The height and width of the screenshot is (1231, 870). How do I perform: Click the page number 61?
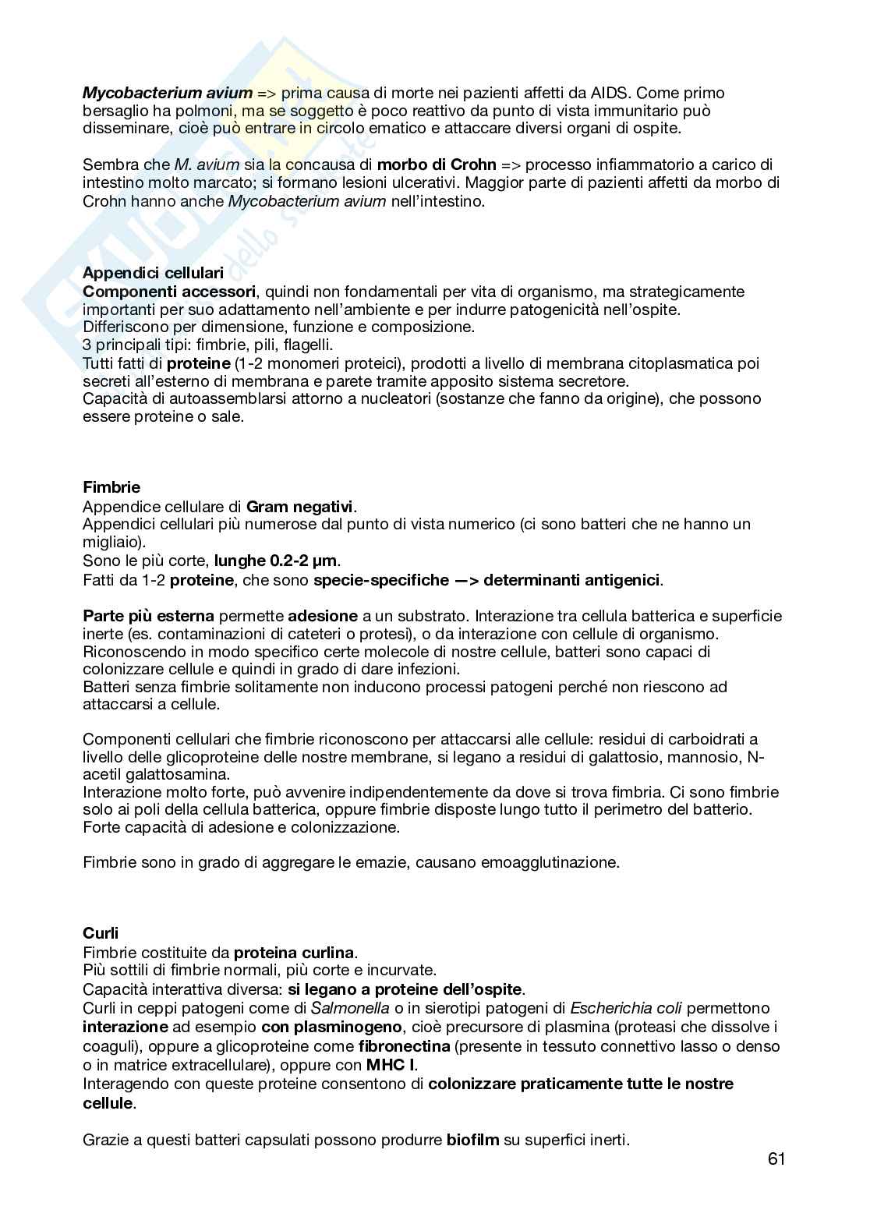(x=776, y=1158)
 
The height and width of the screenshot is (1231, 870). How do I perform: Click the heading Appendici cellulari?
(x=153, y=273)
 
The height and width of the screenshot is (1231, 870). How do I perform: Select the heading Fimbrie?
(x=111, y=487)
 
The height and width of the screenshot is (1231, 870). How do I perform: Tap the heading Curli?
(x=101, y=933)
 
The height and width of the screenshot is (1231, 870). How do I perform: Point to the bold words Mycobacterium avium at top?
(x=168, y=93)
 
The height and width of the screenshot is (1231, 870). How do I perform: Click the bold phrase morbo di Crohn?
(x=437, y=164)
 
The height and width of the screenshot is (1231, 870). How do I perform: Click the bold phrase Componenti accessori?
(x=169, y=292)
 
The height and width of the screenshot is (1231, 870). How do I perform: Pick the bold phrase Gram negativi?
(x=300, y=507)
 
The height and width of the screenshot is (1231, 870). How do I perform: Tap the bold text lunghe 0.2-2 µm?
(x=277, y=561)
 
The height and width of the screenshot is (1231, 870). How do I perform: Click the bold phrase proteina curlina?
(x=294, y=952)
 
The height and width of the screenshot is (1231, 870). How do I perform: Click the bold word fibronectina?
(x=405, y=1046)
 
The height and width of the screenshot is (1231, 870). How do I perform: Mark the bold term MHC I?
(x=391, y=1064)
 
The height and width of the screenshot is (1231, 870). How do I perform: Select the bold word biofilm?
(x=472, y=1140)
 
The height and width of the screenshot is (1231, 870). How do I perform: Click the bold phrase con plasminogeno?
(x=331, y=1027)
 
